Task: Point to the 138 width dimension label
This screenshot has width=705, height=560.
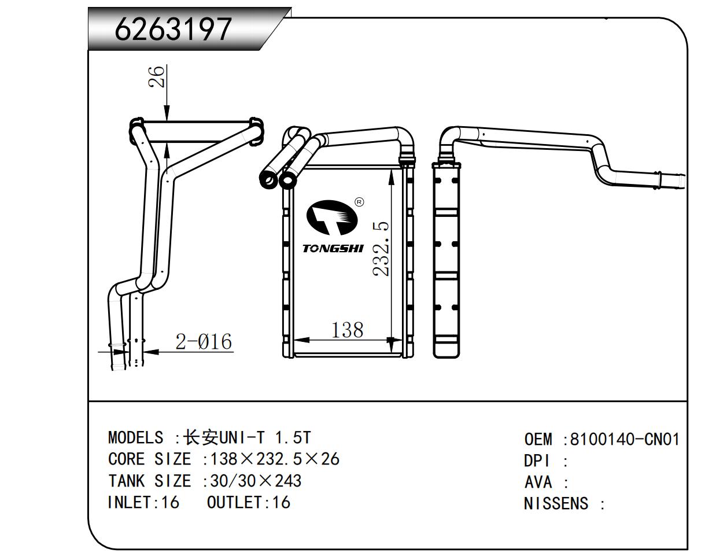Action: [x=347, y=330]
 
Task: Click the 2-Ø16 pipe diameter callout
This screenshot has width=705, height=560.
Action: [x=204, y=342]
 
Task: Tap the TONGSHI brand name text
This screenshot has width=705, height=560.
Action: [x=333, y=249]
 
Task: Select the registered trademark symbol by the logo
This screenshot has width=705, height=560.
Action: [x=359, y=202]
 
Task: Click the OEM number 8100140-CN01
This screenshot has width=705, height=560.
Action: [x=624, y=440]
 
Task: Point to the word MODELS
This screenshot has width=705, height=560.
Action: [x=135, y=437]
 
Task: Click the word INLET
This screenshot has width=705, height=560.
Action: [x=130, y=502]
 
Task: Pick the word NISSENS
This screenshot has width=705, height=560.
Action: [x=556, y=504]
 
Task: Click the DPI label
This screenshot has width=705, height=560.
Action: [x=537, y=462]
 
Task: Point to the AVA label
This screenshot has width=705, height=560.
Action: [x=538, y=482]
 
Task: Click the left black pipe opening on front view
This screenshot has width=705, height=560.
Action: [x=268, y=181]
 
